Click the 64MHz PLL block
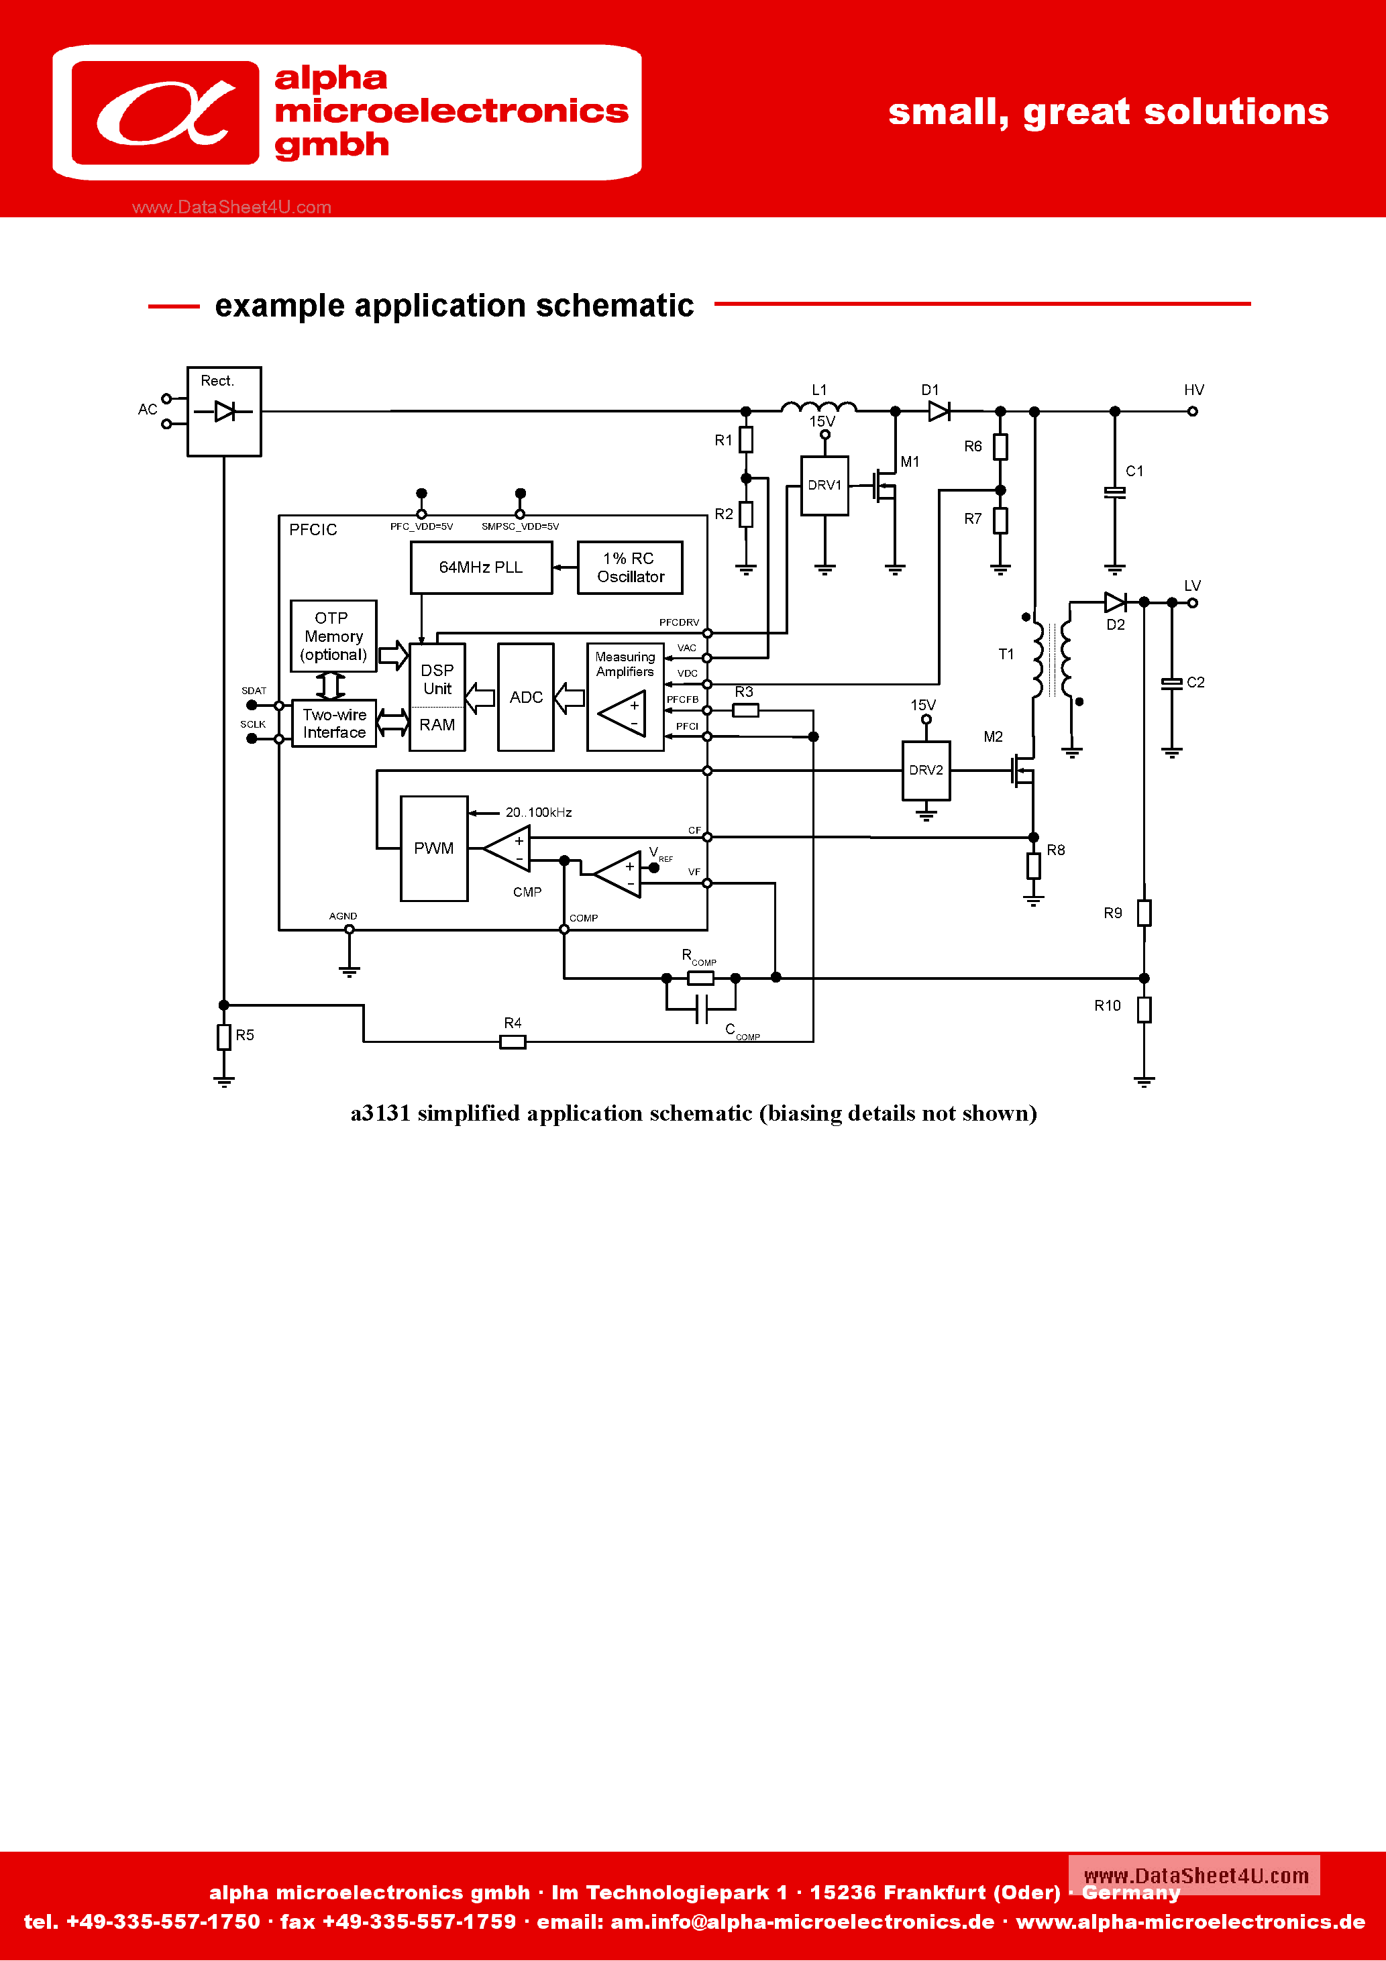tap(481, 568)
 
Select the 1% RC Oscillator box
tap(630, 568)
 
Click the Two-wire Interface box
tap(334, 724)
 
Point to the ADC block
tap(525, 697)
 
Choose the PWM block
tap(434, 848)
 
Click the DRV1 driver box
tap(824, 485)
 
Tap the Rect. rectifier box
tap(224, 412)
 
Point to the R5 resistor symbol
tap(224, 1037)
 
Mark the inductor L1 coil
tap(818, 408)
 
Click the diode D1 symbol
tap(939, 412)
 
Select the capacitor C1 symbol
tap(1114, 493)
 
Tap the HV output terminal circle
tap(1193, 412)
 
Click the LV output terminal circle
tap(1193, 603)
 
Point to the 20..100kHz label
tap(538, 812)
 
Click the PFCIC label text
tap(313, 530)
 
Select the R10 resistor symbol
tap(1144, 1009)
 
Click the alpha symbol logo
tap(166, 113)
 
